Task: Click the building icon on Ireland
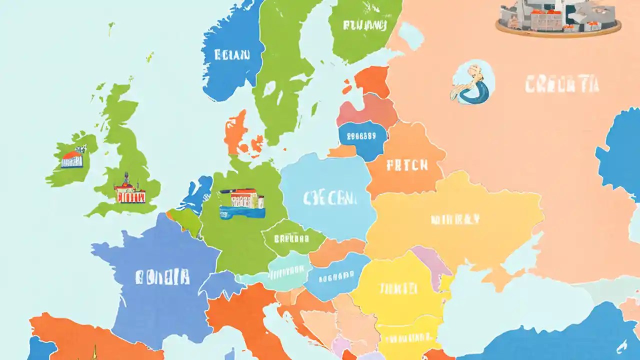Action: [73, 158]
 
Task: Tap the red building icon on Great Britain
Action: [129, 190]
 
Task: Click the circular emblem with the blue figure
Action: [472, 83]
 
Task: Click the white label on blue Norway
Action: [231, 54]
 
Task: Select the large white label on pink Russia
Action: [561, 85]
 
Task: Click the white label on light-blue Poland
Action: [330, 198]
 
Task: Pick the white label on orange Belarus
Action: [407, 164]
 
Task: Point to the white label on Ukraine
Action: [455, 219]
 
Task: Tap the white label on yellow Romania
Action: [398, 288]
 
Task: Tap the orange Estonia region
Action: [372, 81]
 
